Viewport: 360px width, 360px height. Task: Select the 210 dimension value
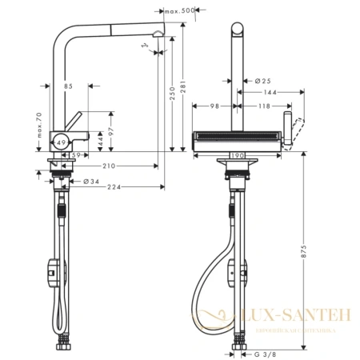click(108, 166)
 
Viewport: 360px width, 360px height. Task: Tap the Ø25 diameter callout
click(260, 81)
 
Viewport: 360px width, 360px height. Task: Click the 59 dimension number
click(72, 154)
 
